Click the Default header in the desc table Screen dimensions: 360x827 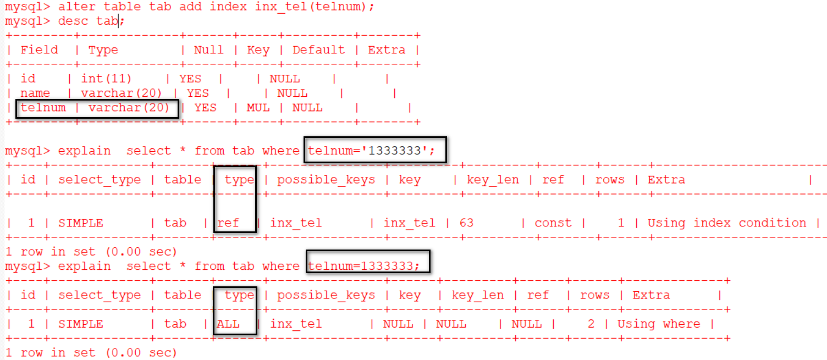click(318, 50)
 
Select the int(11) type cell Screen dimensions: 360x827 click(107, 79)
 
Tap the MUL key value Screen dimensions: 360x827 click(258, 108)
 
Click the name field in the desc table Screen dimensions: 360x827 click(35, 93)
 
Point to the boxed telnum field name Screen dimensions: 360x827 click(43, 108)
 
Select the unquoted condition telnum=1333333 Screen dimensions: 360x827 click(363, 266)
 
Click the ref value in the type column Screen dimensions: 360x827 click(228, 223)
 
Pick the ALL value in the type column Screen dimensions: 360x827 click(228, 324)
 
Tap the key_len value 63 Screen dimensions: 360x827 click(466, 223)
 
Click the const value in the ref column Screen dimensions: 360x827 click(553, 223)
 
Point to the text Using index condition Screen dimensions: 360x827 click(726, 223)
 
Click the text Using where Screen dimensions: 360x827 click(659, 324)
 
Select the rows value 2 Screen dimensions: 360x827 click(591, 324)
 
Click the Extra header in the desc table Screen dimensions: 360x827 click(387, 50)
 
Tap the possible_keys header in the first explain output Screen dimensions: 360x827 click(326, 180)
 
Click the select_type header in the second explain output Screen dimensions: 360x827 click(100, 296)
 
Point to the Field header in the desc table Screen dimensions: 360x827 click(39, 50)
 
